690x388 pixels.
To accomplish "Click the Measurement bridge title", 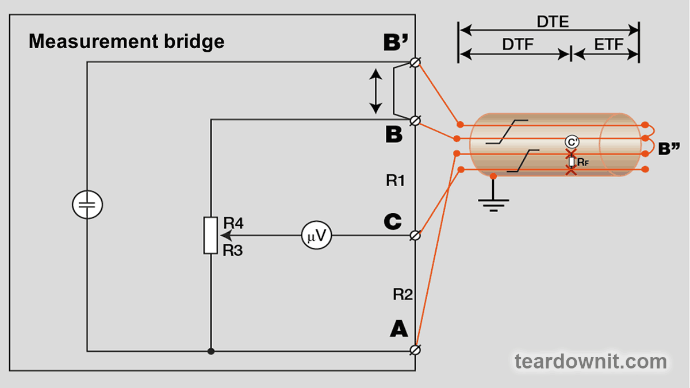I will tap(126, 41).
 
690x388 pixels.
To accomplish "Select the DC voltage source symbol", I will tap(87, 205).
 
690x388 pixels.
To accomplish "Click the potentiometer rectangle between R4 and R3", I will tap(211, 235).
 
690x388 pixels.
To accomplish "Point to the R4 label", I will tap(233, 223).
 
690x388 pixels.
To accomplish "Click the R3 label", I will tap(233, 249).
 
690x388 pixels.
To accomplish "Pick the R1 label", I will tap(396, 181).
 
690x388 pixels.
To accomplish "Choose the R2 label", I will tap(403, 295).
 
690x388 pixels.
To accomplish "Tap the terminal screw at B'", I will tap(415, 62).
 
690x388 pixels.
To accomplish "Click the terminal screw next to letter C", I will tap(415, 235).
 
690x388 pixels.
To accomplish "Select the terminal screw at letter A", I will tap(415, 350).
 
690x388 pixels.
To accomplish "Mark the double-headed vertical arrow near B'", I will tap(375, 91).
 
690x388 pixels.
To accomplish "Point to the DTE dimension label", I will tap(553, 22).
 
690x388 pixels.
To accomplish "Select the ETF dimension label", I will tap(608, 45).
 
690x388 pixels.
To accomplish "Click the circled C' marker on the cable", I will tap(570, 141).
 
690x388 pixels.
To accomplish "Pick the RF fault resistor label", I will tap(582, 163).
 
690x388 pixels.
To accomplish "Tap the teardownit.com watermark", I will tap(591, 362).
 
